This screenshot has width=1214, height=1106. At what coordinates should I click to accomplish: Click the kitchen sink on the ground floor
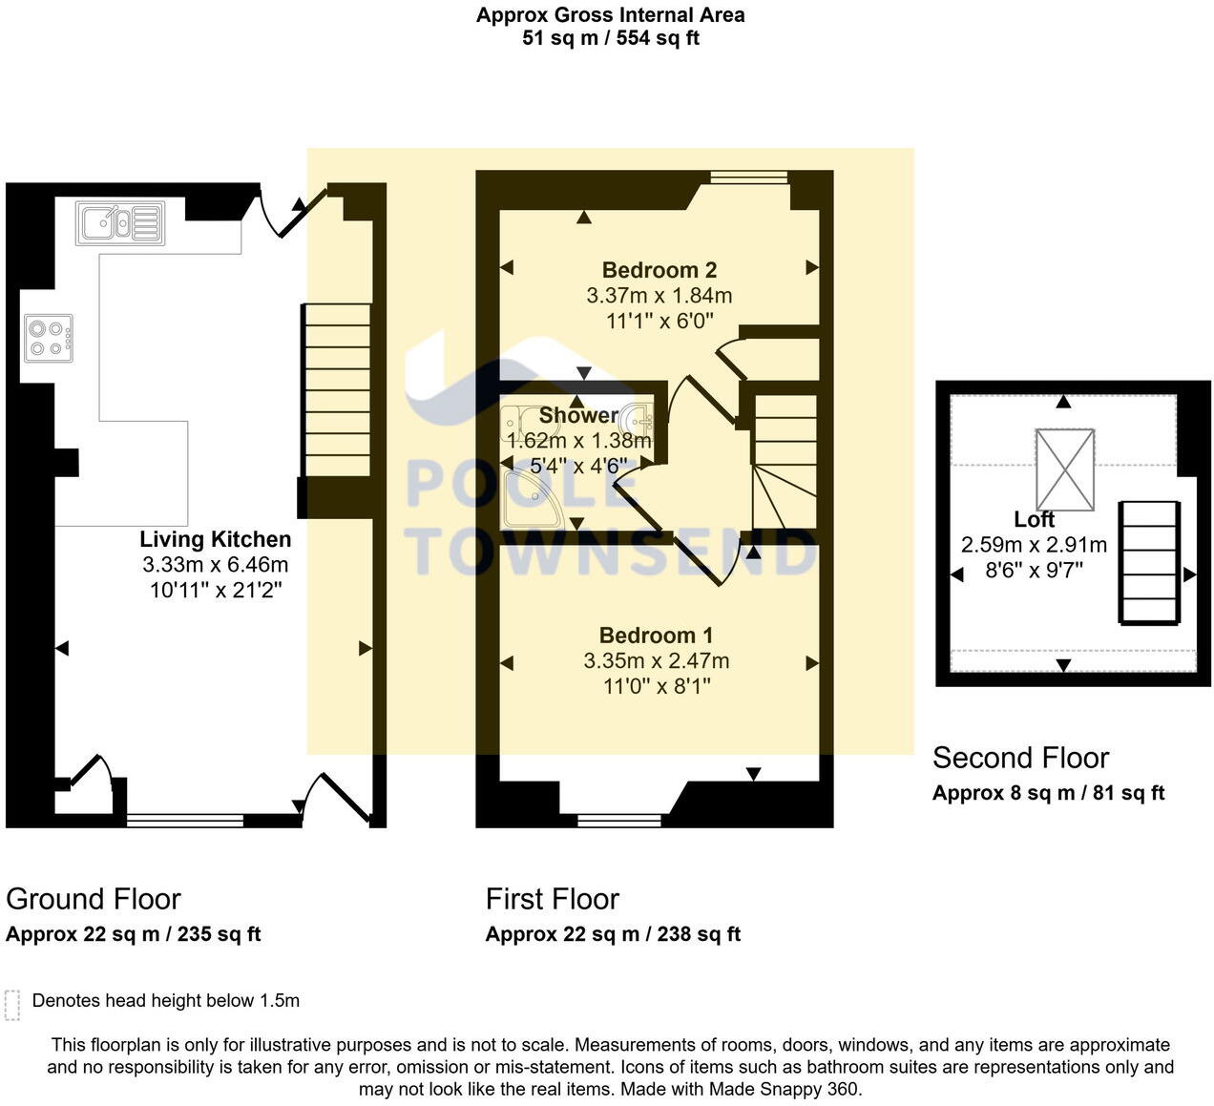click(120, 223)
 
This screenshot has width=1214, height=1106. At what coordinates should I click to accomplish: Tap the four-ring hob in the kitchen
click(49, 339)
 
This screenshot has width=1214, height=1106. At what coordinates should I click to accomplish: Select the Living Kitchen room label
click(216, 539)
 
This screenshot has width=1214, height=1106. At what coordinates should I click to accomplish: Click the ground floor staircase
click(336, 390)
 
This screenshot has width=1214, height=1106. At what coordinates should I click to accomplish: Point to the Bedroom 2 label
click(659, 269)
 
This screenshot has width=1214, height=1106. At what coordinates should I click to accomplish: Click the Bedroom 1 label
click(656, 635)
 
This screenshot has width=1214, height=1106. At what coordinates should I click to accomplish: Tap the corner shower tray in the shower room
click(533, 499)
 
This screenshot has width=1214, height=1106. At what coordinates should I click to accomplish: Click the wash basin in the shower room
click(639, 418)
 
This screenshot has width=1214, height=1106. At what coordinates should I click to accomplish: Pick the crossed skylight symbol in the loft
click(1064, 470)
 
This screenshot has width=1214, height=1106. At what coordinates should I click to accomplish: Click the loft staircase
click(1149, 562)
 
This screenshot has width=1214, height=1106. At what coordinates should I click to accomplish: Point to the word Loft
click(1034, 519)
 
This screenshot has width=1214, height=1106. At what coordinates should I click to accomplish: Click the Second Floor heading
click(1020, 758)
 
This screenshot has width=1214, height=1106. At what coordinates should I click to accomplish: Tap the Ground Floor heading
click(94, 899)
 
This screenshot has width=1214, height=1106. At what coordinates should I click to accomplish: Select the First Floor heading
click(552, 899)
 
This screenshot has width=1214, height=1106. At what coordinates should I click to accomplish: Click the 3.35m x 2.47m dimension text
click(656, 660)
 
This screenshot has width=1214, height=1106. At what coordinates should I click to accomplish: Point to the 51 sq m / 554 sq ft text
click(611, 38)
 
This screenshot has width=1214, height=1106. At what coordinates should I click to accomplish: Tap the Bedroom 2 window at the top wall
click(748, 177)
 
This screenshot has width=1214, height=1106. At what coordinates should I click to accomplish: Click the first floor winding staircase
click(785, 462)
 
